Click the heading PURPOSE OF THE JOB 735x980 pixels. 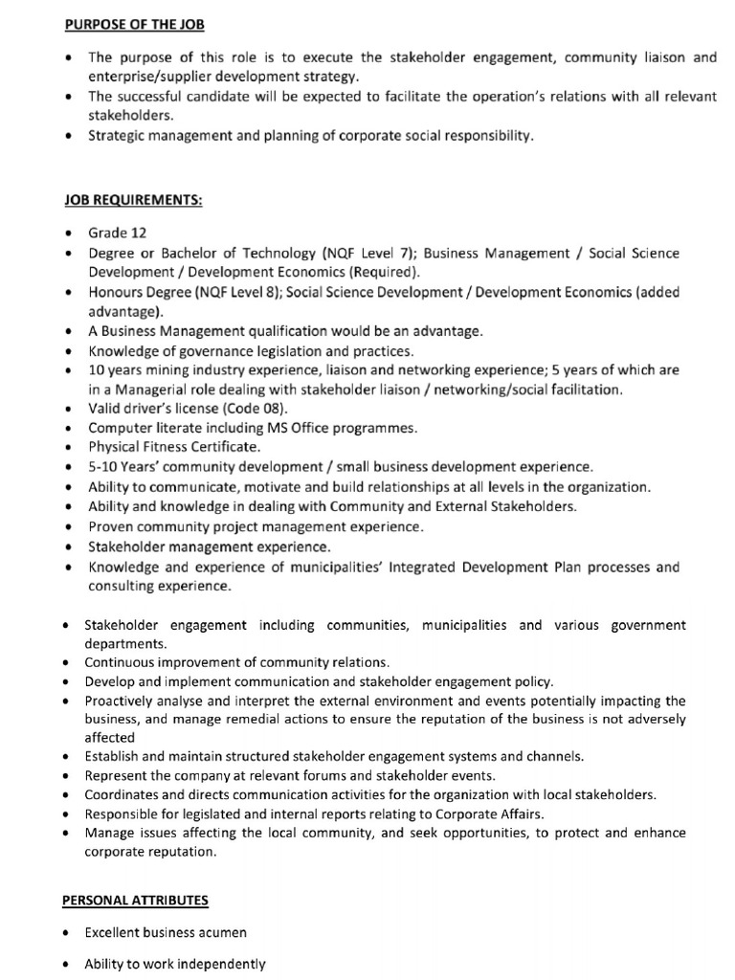[134, 23]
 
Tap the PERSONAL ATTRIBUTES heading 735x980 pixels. [136, 900]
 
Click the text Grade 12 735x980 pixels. [118, 233]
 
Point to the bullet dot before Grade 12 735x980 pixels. [69, 234]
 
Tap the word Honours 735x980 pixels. [116, 292]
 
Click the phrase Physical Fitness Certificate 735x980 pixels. [174, 447]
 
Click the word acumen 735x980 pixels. [223, 931]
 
